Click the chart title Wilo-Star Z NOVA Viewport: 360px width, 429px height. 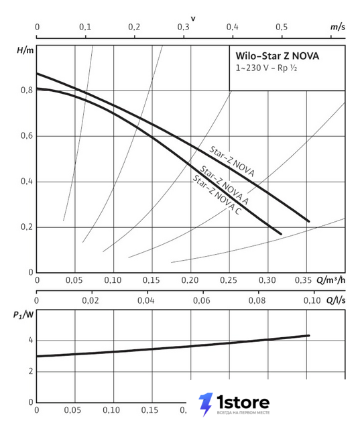tap(277, 56)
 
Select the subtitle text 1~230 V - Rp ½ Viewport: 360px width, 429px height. tap(266, 68)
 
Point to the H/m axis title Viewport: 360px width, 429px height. tap(25, 50)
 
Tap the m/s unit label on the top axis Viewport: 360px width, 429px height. tap(338, 27)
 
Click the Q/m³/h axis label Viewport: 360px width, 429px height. tap(331, 280)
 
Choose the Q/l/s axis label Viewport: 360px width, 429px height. tap(336, 300)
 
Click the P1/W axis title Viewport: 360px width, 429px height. tap(23, 315)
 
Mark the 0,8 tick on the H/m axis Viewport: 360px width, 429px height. tap(27, 90)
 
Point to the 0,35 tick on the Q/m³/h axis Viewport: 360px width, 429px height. tap(303, 280)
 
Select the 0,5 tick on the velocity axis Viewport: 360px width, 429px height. tap(282, 27)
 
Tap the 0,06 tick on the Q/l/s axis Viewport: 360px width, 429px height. tap(202, 300)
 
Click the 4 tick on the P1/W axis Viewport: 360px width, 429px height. tap(31, 341)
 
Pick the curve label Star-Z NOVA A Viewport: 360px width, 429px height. tap(225, 185)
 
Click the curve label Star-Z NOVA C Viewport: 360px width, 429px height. tap(217, 194)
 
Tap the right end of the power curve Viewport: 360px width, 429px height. tap(309, 335)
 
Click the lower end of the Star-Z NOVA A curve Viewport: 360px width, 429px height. tap(281, 234)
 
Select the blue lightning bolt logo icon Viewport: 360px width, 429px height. tap(206, 404)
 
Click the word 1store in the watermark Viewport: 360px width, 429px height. tap(243, 402)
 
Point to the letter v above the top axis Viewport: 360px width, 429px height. tap(193, 19)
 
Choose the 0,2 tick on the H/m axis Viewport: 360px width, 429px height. tap(27, 227)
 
